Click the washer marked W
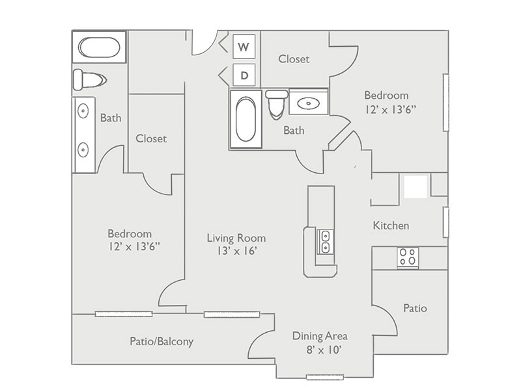(x=244, y=46)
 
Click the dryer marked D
(x=244, y=75)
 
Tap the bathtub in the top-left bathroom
(x=99, y=47)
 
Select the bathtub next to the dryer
(x=246, y=120)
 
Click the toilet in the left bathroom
(x=89, y=79)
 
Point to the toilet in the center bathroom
(x=277, y=104)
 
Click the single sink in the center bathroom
(x=308, y=102)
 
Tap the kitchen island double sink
(x=325, y=241)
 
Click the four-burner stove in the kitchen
(x=408, y=257)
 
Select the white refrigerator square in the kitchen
(x=415, y=187)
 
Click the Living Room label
(x=236, y=238)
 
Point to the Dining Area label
(x=319, y=336)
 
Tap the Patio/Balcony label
(x=162, y=341)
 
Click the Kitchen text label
(x=391, y=226)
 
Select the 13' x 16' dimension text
(x=236, y=251)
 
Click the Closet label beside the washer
(x=294, y=58)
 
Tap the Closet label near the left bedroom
(x=151, y=138)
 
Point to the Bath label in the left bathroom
(x=111, y=118)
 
